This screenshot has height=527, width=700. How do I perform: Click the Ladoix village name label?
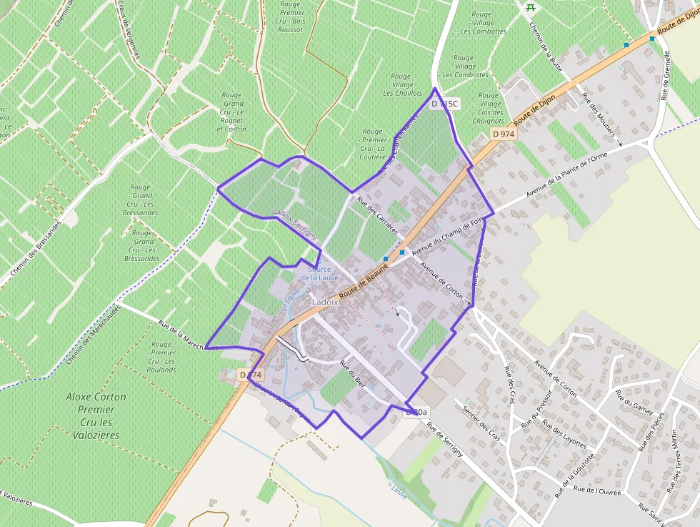coord(324,303)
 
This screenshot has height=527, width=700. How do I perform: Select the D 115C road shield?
coord(446,104)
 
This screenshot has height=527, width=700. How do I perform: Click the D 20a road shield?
coord(416,412)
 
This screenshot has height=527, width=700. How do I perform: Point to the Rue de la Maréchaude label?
coord(187,337)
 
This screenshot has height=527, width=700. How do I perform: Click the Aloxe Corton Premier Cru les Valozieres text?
coord(96,415)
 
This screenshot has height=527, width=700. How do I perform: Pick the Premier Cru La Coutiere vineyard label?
coord(373,144)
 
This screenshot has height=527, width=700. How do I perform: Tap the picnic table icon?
coord(531,8)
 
